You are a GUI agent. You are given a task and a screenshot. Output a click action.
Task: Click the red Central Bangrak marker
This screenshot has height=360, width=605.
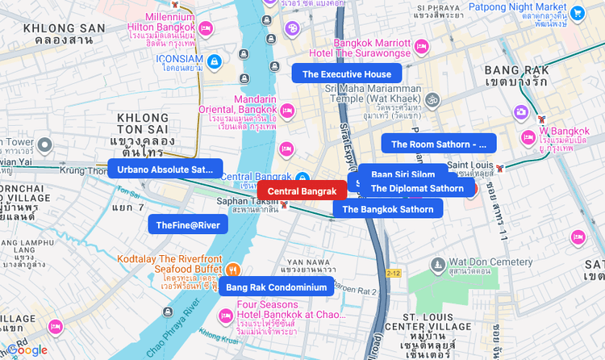tap(302, 190)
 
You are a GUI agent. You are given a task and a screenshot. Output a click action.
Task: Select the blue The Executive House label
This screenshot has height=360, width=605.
tap(346, 73)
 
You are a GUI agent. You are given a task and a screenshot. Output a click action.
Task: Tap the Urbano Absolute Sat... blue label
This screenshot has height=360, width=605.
tap(165, 170)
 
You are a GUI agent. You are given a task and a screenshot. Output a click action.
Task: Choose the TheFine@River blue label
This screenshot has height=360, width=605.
tap(188, 224)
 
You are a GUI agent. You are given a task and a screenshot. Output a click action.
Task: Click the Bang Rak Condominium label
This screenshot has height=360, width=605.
tap(276, 287)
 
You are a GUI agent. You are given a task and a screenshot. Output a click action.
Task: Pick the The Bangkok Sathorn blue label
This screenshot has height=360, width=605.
tap(388, 209)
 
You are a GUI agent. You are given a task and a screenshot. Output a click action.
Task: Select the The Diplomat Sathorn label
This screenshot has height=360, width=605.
tap(417, 188)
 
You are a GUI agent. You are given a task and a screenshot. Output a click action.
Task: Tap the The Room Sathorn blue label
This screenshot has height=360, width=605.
tap(438, 144)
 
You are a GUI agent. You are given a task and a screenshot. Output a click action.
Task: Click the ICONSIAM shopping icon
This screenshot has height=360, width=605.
tap(214, 61)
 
